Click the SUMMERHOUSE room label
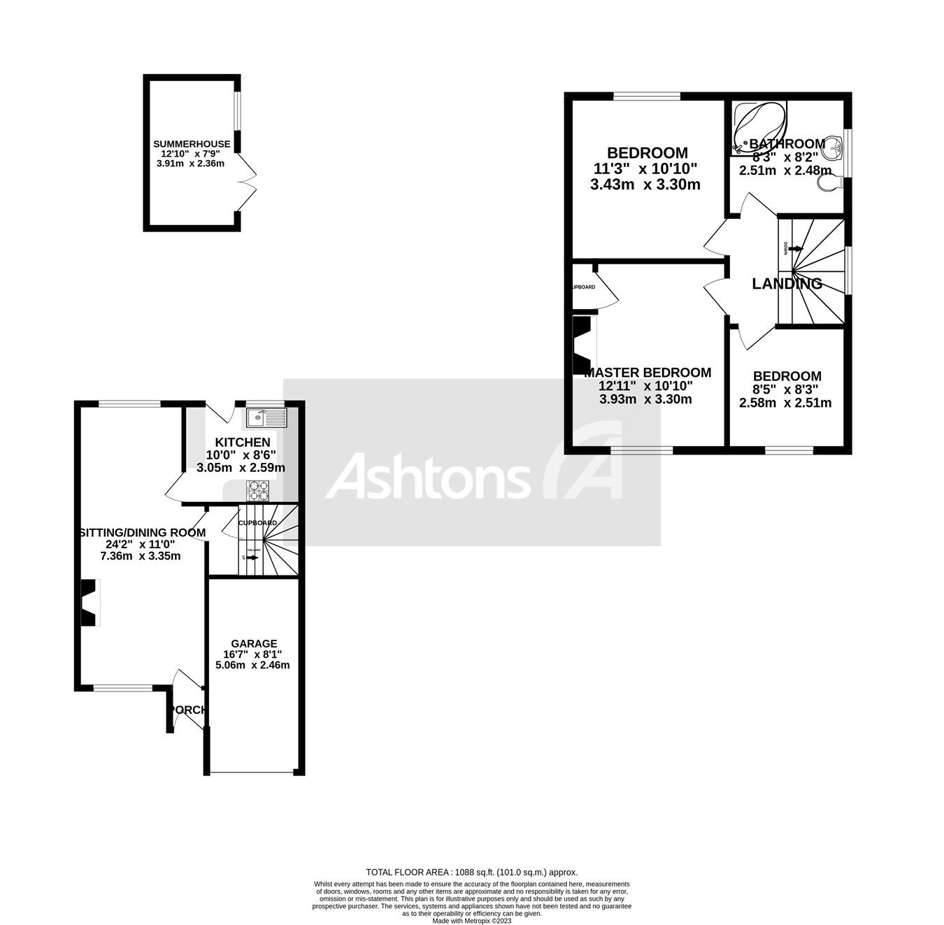coord(192,144)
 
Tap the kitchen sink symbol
coord(266,418)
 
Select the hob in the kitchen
coord(257,491)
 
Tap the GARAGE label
coord(255,643)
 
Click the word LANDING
coord(787,283)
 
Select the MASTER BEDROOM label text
coord(648,373)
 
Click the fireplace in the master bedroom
coord(582,345)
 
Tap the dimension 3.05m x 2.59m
coord(240,467)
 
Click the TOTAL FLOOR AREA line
coord(472,872)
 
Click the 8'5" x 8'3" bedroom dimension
coord(785,389)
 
